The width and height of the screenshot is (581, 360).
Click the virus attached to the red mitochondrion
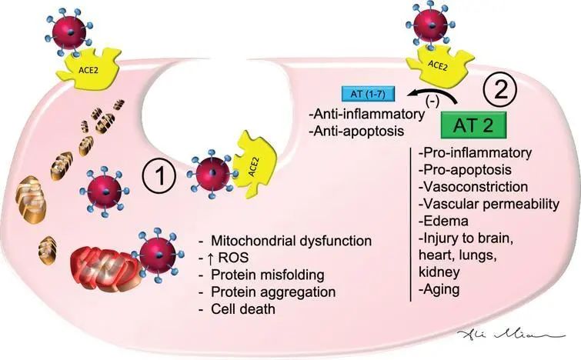coord(157,255)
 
